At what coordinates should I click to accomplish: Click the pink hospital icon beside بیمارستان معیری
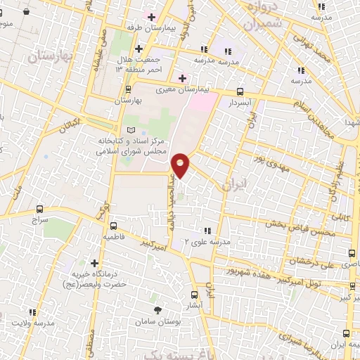pos(182,77)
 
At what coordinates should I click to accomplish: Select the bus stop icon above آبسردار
pos(240,91)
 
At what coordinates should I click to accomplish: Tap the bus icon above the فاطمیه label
pos(113,226)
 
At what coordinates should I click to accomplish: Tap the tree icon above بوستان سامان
pos(157,309)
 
